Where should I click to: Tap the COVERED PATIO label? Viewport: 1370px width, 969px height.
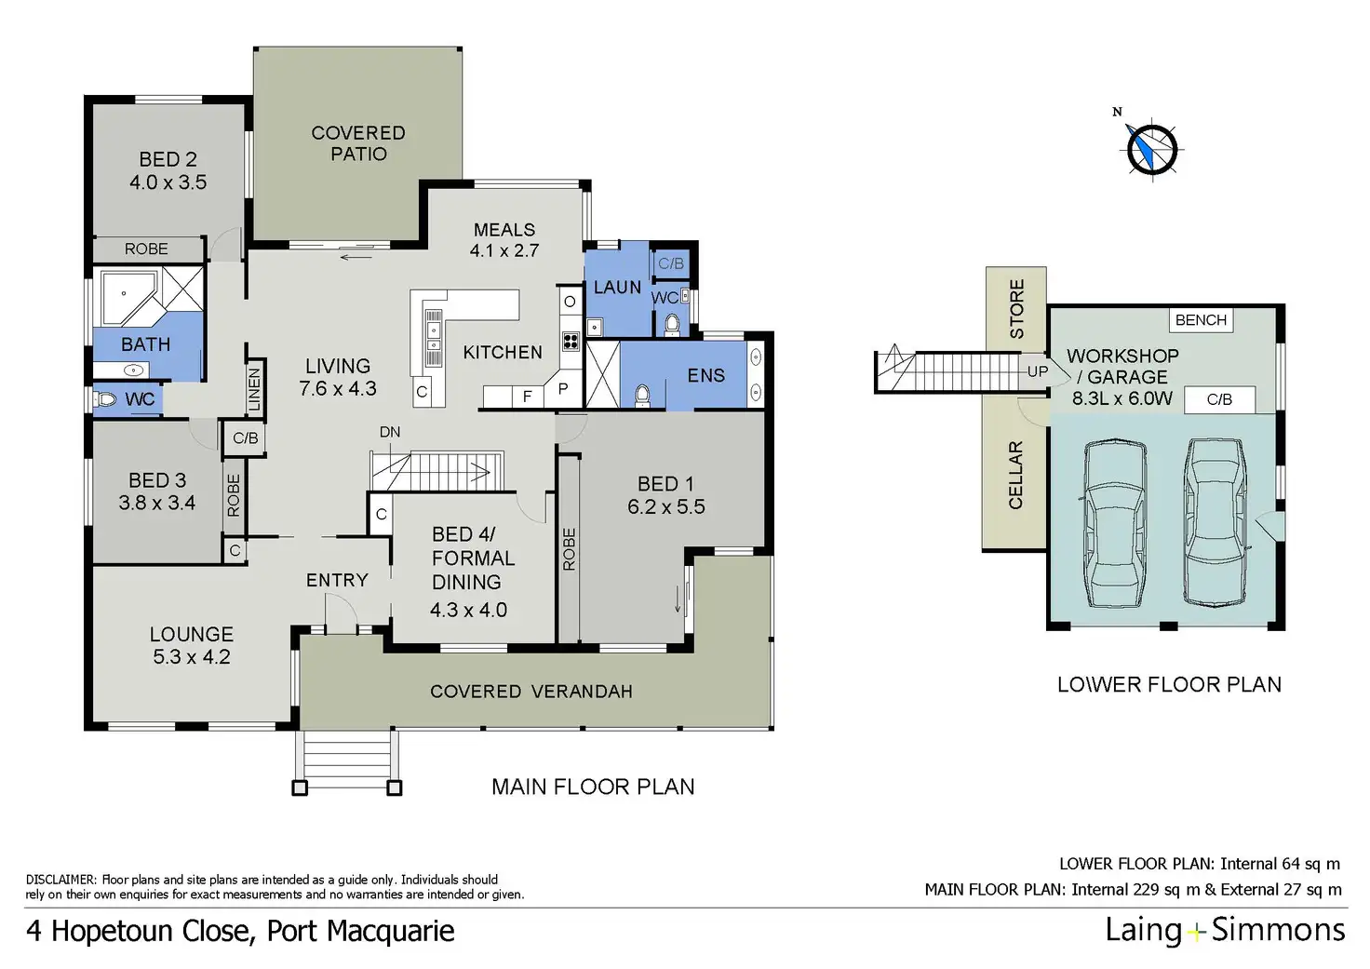[x=358, y=143]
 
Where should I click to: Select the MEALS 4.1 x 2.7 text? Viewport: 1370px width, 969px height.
[x=504, y=240]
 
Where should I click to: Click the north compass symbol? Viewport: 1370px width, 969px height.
[x=1152, y=148]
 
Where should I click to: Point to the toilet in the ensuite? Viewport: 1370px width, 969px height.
[x=641, y=396]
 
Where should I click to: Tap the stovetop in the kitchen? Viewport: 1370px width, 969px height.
[x=571, y=341]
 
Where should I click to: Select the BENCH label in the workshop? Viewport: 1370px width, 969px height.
[x=1201, y=320]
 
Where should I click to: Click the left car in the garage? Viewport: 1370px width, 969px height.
[x=1115, y=523]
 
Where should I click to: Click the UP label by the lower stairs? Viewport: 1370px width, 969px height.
[x=1038, y=371]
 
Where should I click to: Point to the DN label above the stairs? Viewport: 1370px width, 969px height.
[x=390, y=432]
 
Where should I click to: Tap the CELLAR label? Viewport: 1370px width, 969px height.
[x=1015, y=475]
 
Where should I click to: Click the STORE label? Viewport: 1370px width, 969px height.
[x=1016, y=308]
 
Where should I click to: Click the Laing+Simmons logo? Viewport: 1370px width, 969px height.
[x=1225, y=930]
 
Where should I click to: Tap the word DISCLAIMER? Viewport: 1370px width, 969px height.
[x=60, y=880]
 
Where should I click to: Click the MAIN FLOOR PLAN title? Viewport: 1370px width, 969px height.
[x=593, y=787]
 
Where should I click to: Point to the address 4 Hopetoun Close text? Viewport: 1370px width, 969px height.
[x=240, y=931]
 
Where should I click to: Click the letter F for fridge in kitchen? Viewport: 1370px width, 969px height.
[x=527, y=397]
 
